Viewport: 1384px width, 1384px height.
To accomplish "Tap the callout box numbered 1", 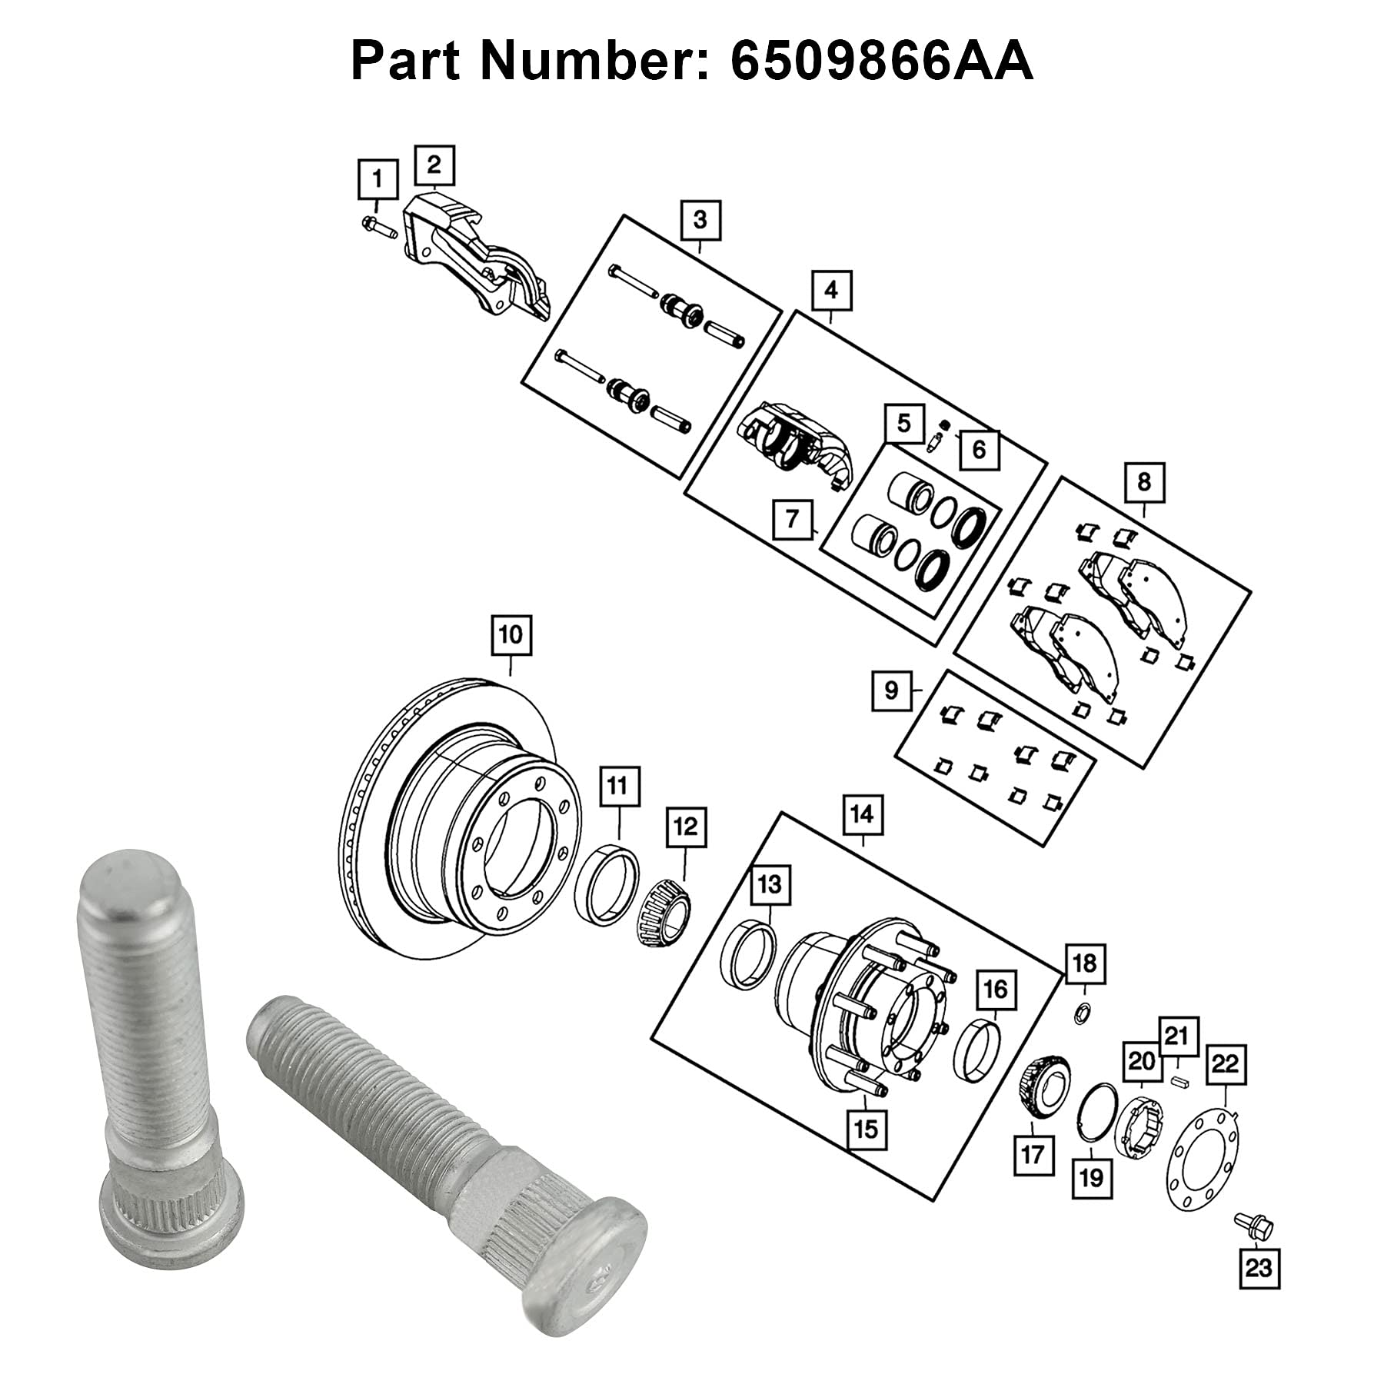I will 377,180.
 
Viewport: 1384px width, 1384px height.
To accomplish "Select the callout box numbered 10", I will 511,635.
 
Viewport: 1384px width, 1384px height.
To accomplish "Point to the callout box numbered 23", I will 1259,1266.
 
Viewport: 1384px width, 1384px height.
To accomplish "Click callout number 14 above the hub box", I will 862,813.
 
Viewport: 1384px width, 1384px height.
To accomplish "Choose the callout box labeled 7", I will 793,519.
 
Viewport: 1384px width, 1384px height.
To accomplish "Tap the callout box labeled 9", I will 891,690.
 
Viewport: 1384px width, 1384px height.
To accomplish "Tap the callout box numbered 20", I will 1142,1062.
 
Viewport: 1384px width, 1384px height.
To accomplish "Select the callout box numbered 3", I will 699,220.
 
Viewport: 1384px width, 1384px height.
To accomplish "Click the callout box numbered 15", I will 866,1129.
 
